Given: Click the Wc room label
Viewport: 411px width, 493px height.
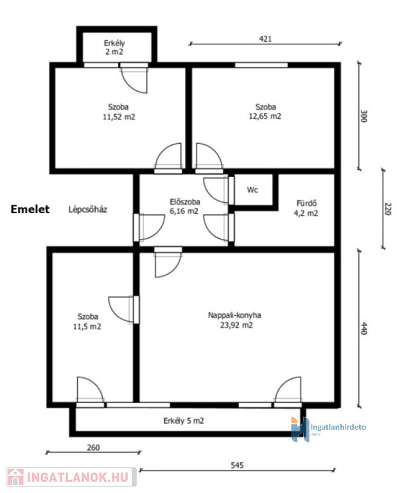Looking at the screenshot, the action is click(252, 190).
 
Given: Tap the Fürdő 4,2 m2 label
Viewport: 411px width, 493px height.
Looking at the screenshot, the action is click(306, 208).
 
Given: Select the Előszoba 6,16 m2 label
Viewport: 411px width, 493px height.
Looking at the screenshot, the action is click(184, 206).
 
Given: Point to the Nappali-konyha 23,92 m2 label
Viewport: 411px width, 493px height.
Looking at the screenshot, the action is click(235, 320).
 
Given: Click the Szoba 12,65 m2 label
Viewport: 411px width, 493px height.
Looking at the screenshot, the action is click(265, 111).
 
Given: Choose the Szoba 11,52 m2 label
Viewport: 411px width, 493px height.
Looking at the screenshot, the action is click(119, 112).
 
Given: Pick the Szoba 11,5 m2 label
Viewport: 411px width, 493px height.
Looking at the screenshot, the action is click(87, 322).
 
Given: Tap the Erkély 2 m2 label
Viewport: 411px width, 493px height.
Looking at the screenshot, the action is click(114, 47).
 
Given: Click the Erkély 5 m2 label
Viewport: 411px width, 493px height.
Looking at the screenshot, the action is click(184, 420).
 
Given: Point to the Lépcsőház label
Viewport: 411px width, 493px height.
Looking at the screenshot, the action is click(88, 209).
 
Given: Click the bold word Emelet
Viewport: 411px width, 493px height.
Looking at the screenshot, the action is click(30, 209).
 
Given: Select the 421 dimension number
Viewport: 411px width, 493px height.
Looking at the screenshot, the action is click(265, 39).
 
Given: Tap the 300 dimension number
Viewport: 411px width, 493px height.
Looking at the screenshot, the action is click(363, 116).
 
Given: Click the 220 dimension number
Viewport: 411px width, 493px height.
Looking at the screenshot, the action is click(388, 209).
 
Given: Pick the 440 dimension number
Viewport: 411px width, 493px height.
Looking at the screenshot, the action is click(363, 329).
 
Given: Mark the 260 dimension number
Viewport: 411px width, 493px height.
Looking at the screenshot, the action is click(93, 447).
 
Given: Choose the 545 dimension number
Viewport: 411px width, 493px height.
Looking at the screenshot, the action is click(237, 465).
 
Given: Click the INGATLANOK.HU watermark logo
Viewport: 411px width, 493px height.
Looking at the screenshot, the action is click(71, 477).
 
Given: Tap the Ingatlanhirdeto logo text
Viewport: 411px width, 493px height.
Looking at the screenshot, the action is click(338, 428).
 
